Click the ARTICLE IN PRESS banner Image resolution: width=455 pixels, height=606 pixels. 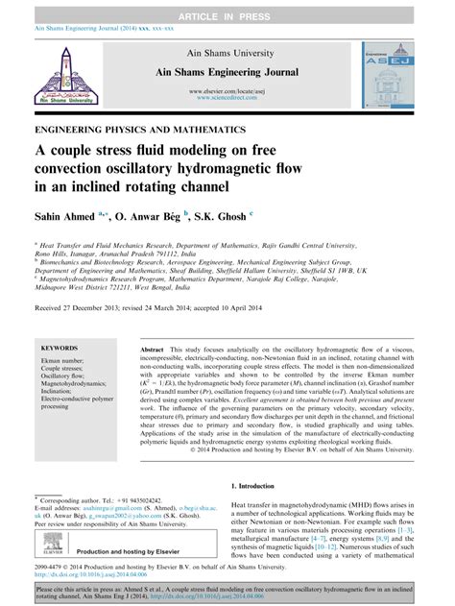pyautogui.click(x=227, y=8)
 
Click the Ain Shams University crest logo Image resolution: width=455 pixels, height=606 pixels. pyautogui.click(x=65, y=73)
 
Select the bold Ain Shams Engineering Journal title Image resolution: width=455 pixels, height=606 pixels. pyautogui.click(x=227, y=73)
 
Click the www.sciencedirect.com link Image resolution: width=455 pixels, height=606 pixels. pyautogui.click(x=227, y=97)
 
